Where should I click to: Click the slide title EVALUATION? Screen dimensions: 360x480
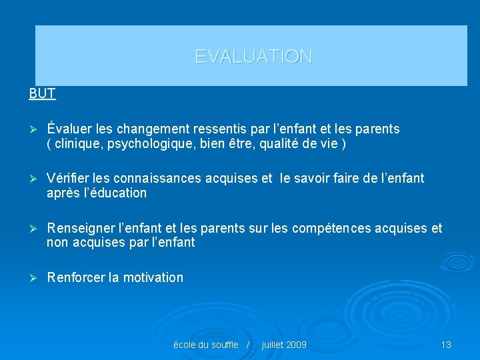pyautogui.click(x=253, y=57)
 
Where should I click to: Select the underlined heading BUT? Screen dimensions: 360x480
pyautogui.click(x=42, y=93)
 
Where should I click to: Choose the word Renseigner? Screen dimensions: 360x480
pyautogui.click(x=79, y=229)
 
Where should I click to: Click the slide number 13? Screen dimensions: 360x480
pyautogui.click(x=446, y=345)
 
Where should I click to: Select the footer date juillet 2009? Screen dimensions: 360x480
pyautogui.click(x=284, y=345)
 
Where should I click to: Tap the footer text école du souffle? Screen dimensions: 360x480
pyautogui.click(x=205, y=345)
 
